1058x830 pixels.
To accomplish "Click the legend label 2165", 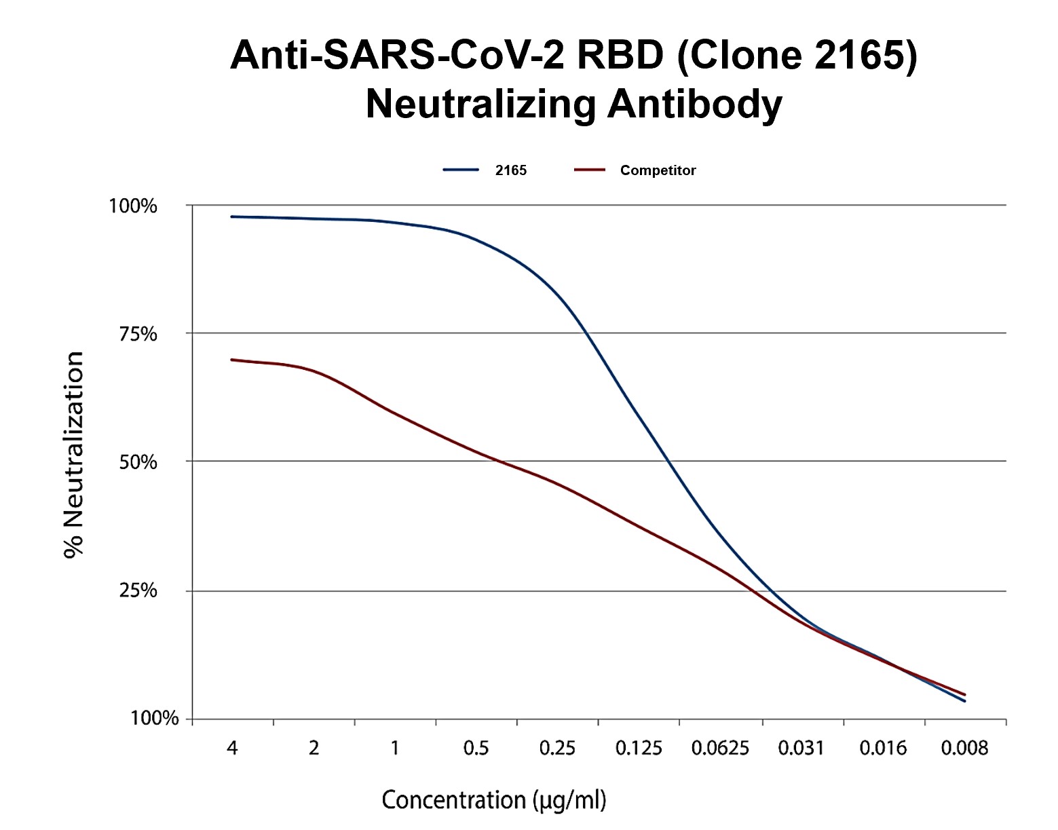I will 510,170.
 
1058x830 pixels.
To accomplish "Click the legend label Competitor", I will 658,170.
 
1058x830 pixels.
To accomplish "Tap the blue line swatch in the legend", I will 461,170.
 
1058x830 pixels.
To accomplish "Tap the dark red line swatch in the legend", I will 589,170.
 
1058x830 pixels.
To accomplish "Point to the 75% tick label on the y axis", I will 138,334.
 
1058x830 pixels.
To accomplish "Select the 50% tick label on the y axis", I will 138,462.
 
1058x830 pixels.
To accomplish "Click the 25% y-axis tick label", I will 138,590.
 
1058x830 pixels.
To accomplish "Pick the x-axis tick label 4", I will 232,749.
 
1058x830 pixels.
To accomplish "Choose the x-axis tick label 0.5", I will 476,749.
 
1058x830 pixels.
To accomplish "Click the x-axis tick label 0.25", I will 557,749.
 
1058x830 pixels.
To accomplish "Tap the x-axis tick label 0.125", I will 639,749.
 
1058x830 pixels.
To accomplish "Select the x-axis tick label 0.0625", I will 720,749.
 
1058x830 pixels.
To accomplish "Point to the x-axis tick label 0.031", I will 801,749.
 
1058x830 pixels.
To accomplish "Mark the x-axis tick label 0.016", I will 883,749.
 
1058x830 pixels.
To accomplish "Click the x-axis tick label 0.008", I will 964,749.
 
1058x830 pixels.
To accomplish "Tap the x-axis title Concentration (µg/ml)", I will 494,799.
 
